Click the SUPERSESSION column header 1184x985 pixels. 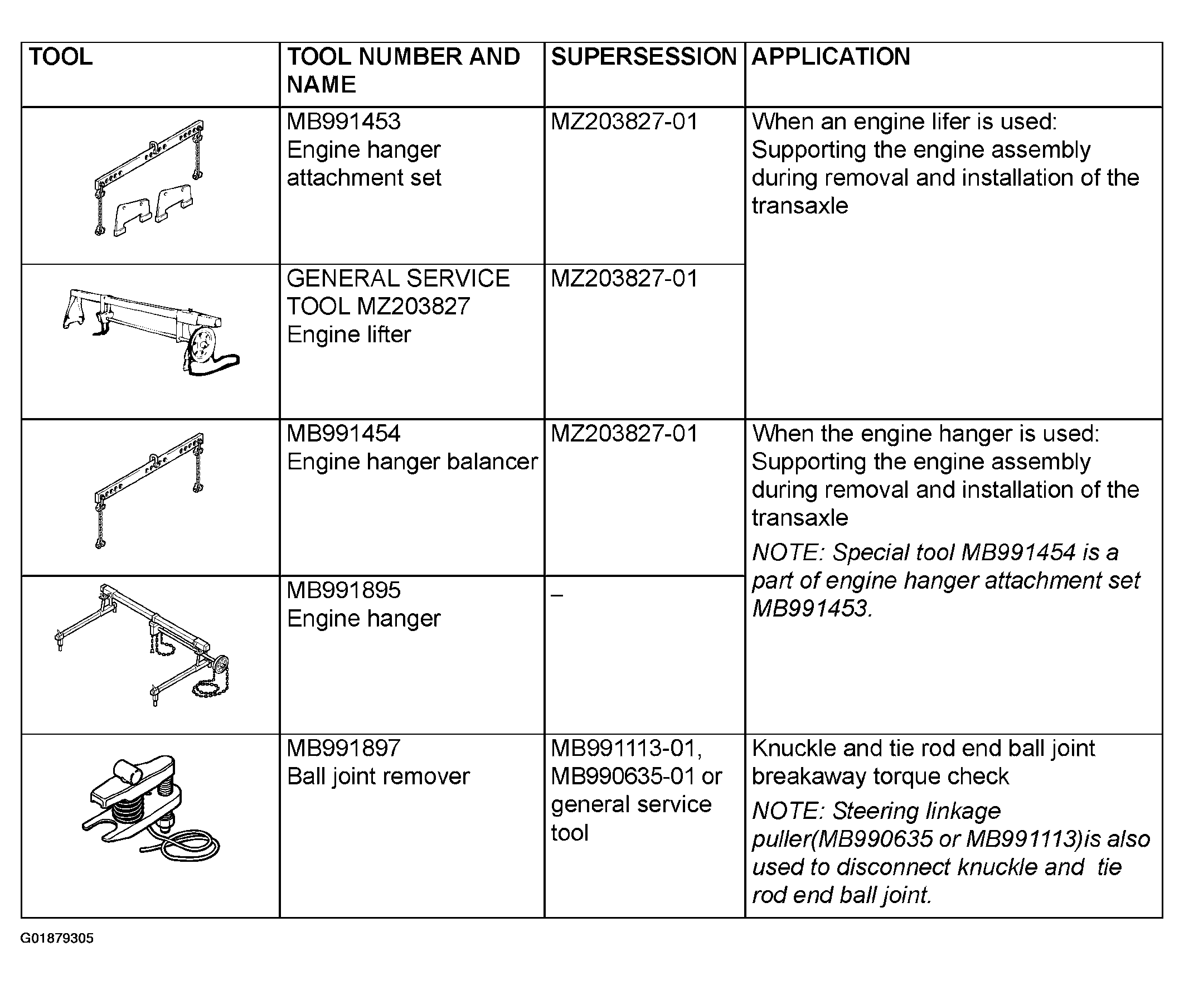644,57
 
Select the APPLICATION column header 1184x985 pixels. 831,57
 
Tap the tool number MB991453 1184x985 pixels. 343,122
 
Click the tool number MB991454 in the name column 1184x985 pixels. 343,434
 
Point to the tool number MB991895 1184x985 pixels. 343,590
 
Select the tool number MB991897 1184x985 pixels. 343,748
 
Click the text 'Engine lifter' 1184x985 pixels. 349,334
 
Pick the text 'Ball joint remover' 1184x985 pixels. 379,777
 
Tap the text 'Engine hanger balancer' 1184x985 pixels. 413,462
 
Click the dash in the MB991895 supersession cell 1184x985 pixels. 557,595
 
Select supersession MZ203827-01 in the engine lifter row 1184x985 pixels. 625,279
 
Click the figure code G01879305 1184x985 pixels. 57,938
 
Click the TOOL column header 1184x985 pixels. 60,57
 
